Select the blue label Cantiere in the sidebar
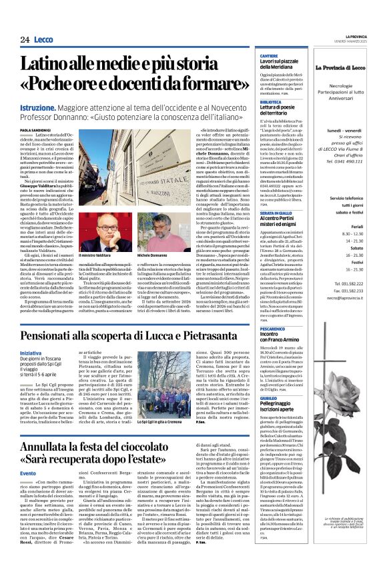pos(269,56)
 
